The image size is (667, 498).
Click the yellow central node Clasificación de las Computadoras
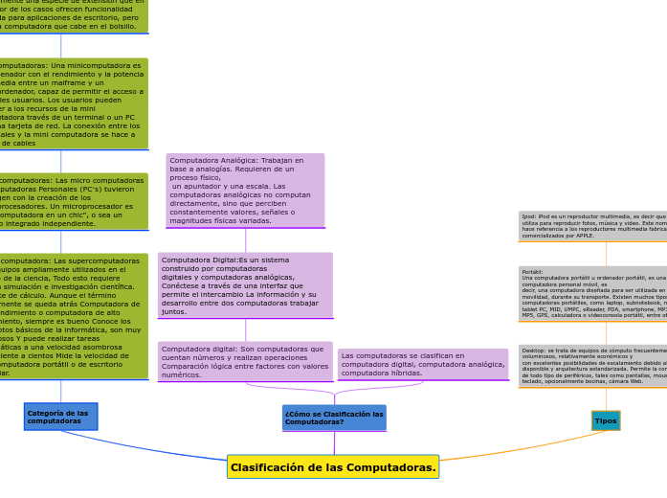[x=333, y=467]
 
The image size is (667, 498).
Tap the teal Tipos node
[x=606, y=420]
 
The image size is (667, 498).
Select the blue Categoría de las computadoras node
[x=60, y=417]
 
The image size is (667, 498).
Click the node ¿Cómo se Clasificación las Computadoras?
[x=334, y=418]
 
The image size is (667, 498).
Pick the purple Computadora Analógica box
[x=245, y=191]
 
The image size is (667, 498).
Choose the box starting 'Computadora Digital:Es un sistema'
[x=245, y=285]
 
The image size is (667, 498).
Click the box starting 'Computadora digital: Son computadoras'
[x=245, y=362]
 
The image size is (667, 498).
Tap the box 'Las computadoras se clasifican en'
[x=422, y=364]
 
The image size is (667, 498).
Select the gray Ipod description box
[x=593, y=226]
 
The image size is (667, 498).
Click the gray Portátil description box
[x=593, y=293]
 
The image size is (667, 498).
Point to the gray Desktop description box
[x=593, y=366]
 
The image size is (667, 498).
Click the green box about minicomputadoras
[x=72, y=103]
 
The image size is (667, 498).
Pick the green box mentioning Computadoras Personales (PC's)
[x=72, y=201]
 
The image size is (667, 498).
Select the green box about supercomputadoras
[x=72, y=316]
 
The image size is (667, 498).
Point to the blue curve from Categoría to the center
[x=144, y=448]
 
